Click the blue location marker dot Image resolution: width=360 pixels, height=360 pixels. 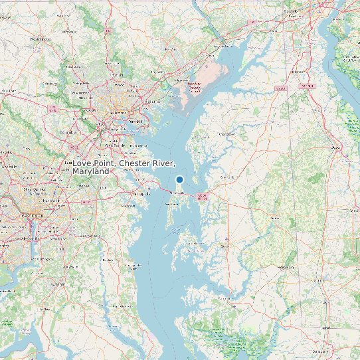pos(179,179)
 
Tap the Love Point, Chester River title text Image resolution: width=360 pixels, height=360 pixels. pos(124,167)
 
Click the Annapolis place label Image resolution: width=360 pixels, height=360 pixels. pos(142,194)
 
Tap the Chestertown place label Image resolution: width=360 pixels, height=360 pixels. pos(226,134)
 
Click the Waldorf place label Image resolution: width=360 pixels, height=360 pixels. pos(66,279)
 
